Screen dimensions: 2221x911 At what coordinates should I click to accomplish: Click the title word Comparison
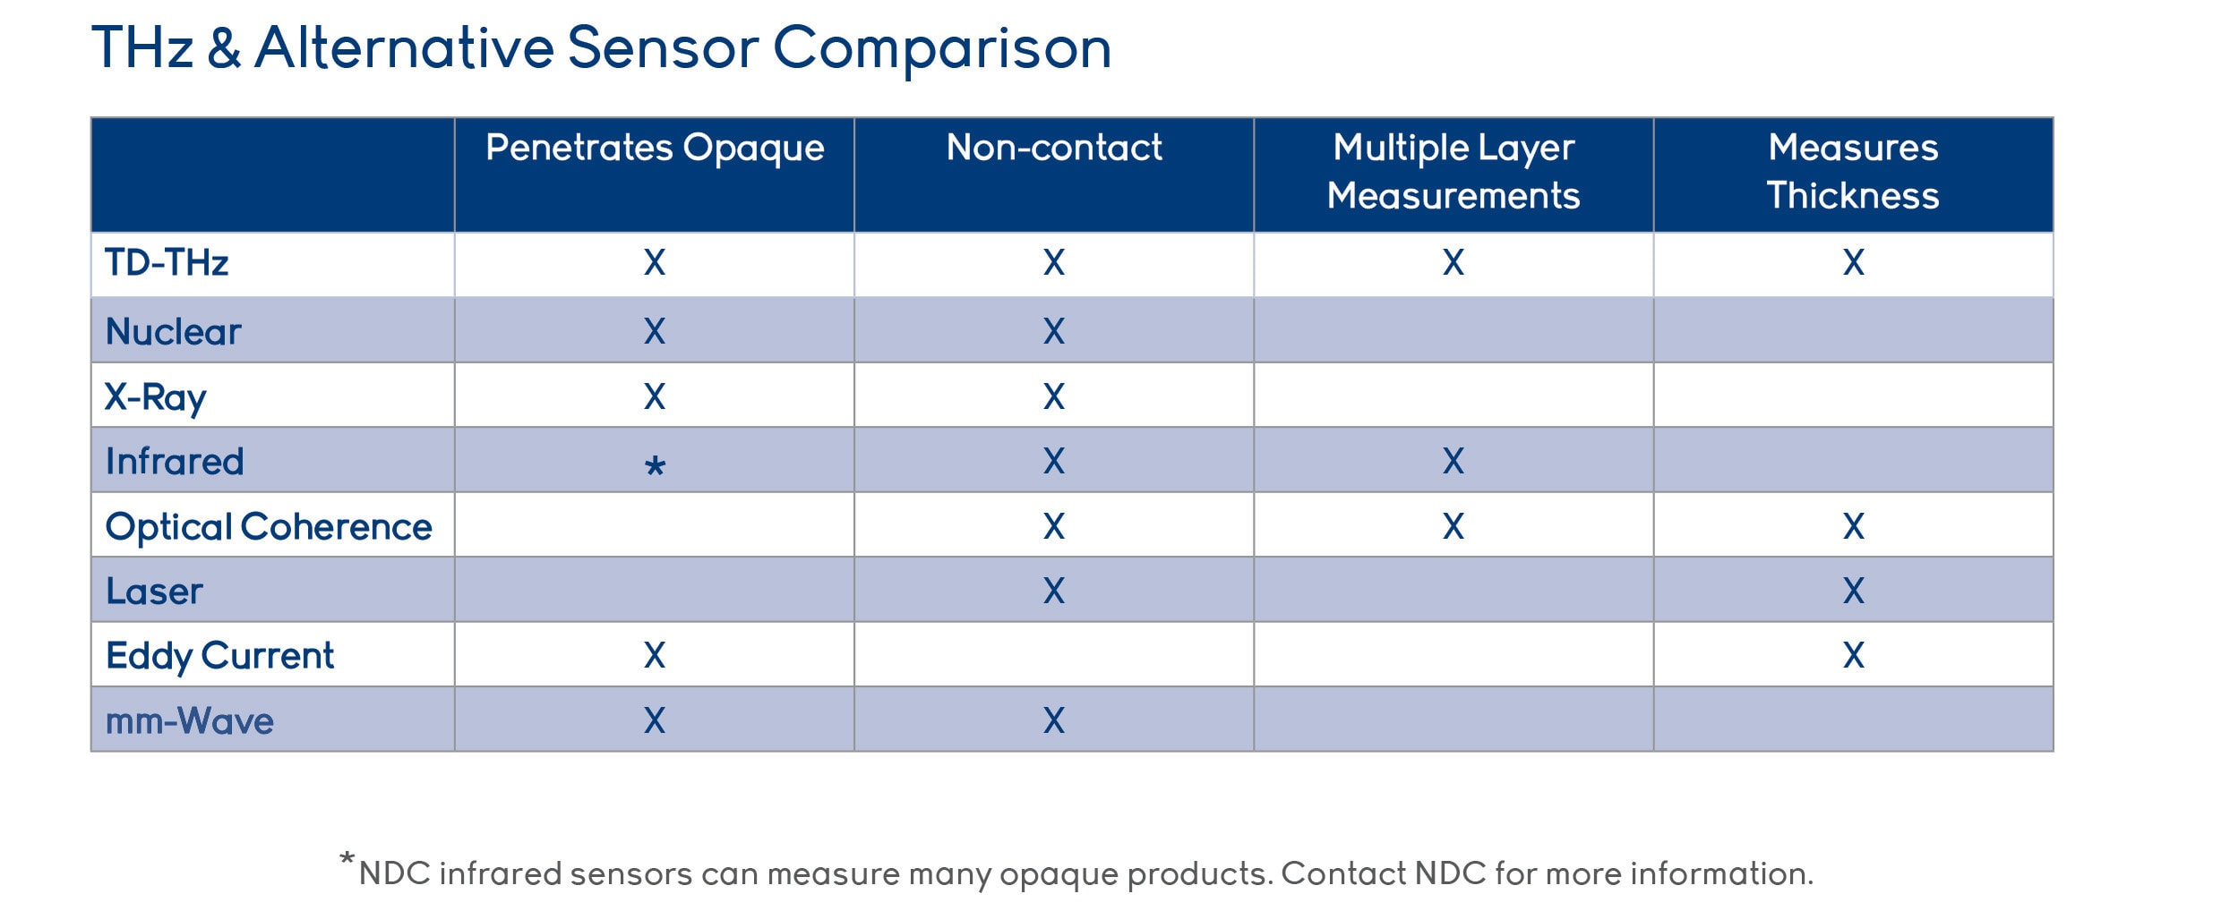coord(941,49)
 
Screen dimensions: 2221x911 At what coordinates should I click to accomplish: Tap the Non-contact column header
coord(1054,148)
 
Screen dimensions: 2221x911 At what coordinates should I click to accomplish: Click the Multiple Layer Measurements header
coord(1454,172)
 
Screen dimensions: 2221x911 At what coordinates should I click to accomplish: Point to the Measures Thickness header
coord(1853,172)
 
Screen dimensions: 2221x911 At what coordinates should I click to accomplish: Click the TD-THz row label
coord(167,263)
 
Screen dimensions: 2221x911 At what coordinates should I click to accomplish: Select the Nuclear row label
coord(174,332)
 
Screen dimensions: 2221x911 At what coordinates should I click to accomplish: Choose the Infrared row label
coord(175,462)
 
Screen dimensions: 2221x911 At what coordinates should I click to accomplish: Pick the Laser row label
coord(154,592)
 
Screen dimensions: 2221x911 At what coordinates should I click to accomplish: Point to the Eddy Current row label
coord(219,657)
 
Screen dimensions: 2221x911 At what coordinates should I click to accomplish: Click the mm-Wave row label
coord(190,721)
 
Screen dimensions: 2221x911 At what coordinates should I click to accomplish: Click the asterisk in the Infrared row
coord(655,466)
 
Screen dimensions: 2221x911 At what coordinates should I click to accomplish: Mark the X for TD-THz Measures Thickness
coord(1853,262)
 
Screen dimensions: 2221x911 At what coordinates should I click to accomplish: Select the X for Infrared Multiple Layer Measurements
coord(1454,461)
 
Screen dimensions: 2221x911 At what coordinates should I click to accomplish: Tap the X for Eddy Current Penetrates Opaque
coord(655,655)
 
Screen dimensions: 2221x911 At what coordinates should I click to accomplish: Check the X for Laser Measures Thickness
coord(1853,591)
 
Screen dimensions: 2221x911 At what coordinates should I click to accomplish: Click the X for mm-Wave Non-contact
coord(1054,720)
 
